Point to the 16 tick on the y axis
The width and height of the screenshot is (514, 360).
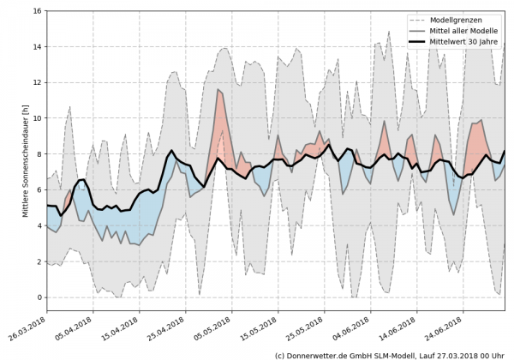pyautogui.click(x=37, y=11)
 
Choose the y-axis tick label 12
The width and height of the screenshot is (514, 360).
pyautogui.click(x=37, y=82)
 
